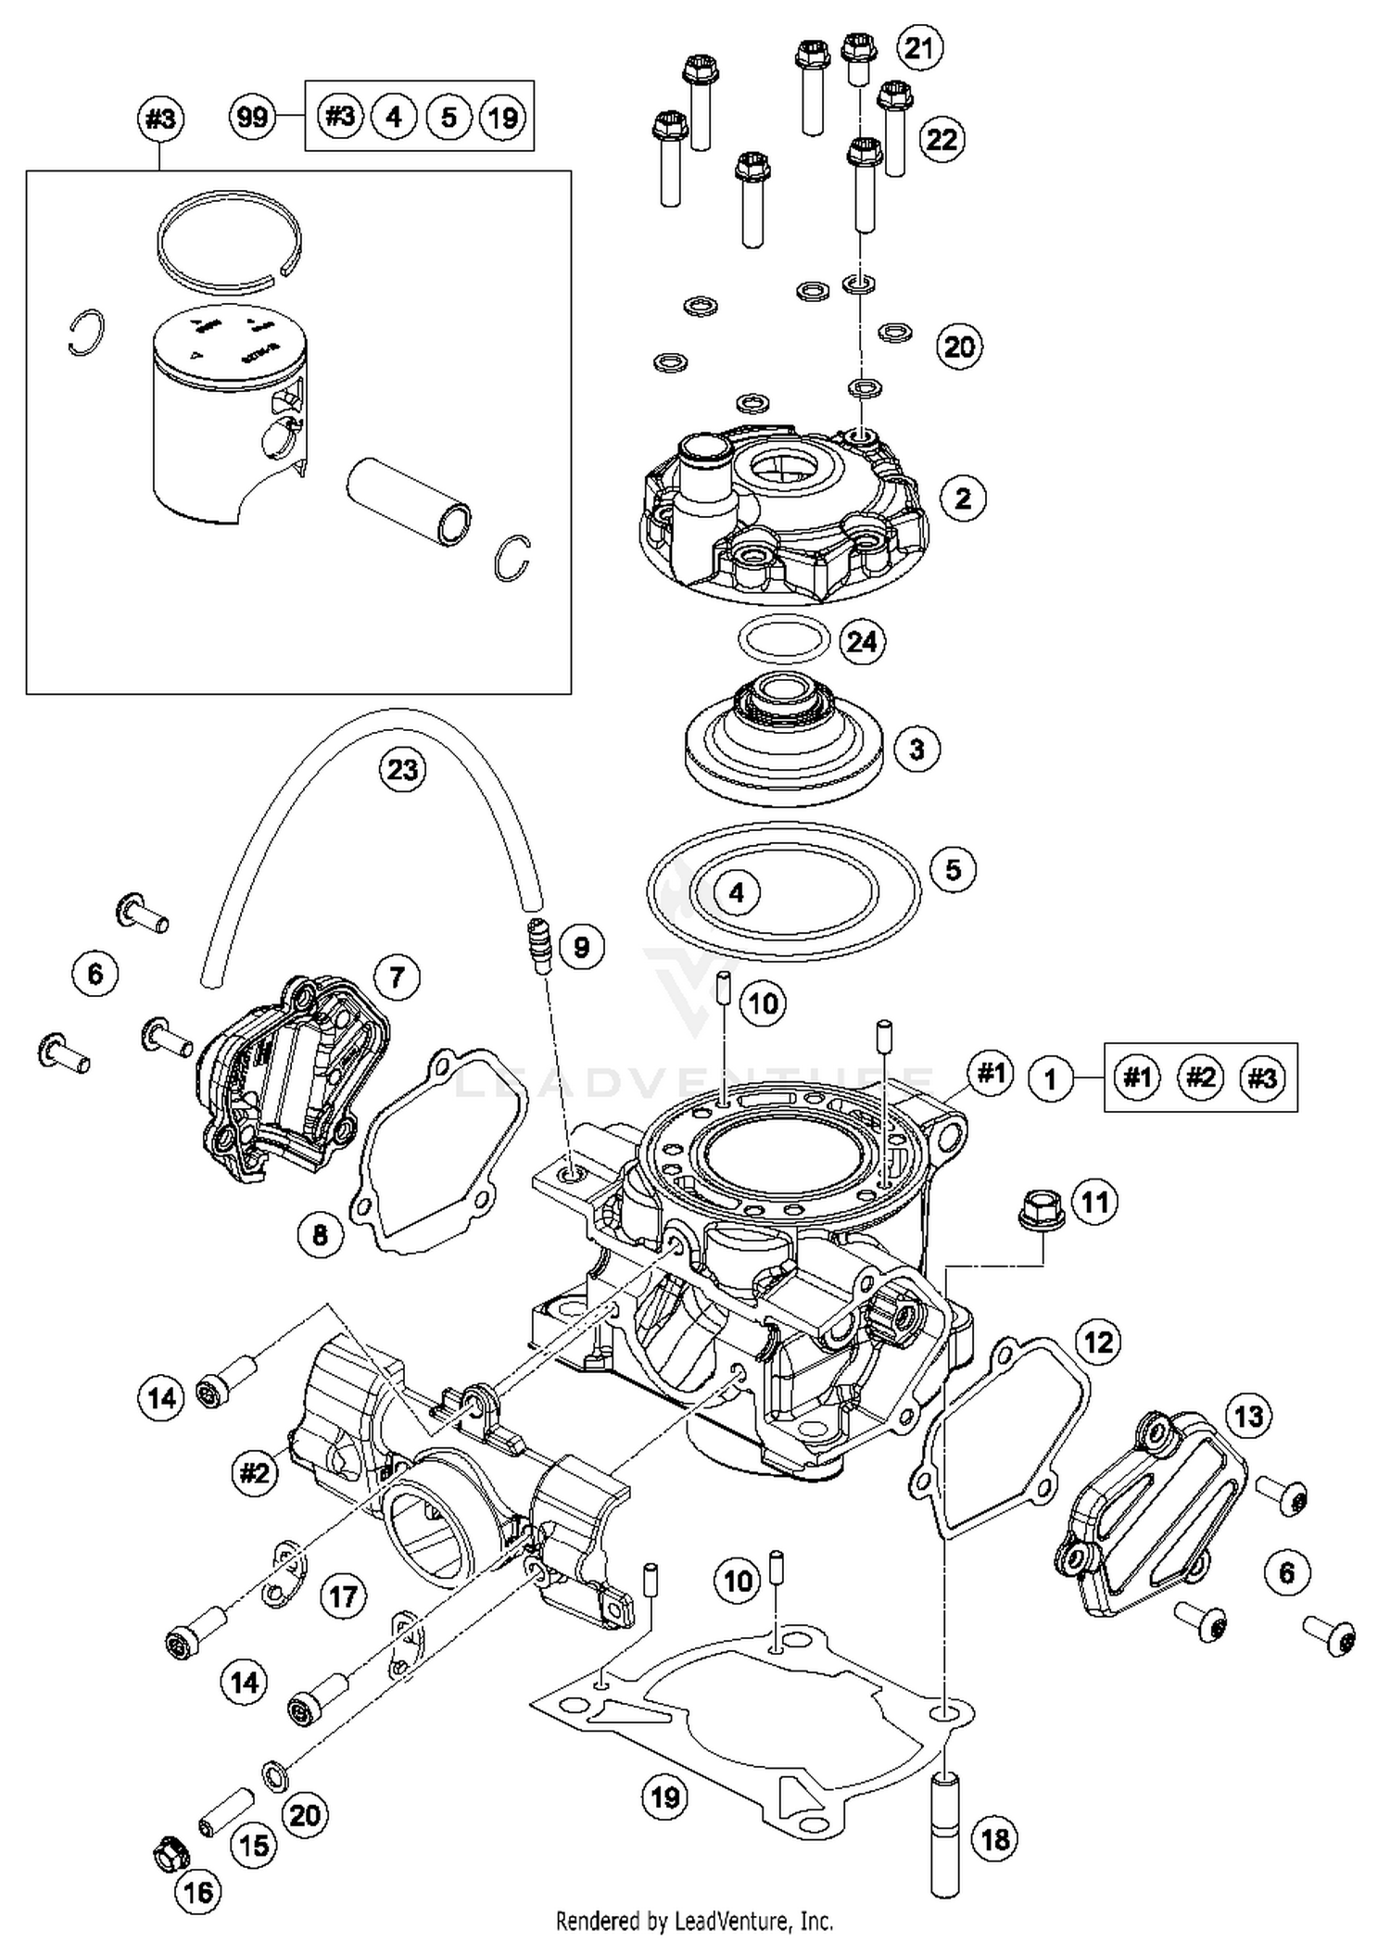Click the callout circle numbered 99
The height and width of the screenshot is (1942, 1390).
(251, 117)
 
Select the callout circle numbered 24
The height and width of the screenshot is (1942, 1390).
(862, 641)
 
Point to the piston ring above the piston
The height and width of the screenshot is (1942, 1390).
(228, 239)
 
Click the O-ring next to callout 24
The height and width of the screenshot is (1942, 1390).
(783, 637)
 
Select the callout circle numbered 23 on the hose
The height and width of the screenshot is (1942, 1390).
(402, 769)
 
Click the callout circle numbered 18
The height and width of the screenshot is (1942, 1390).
(995, 1838)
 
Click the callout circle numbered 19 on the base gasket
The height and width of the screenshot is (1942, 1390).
(665, 1797)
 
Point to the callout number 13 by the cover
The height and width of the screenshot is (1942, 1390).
(1248, 1416)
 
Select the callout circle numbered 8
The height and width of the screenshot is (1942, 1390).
(320, 1234)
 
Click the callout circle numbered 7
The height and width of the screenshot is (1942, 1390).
(397, 977)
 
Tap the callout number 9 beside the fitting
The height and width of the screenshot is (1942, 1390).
(580, 946)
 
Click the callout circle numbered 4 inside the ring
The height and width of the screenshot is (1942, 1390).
(736, 892)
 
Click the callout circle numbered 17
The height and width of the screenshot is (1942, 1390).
(343, 1595)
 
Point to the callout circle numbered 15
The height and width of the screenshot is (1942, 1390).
(254, 1845)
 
